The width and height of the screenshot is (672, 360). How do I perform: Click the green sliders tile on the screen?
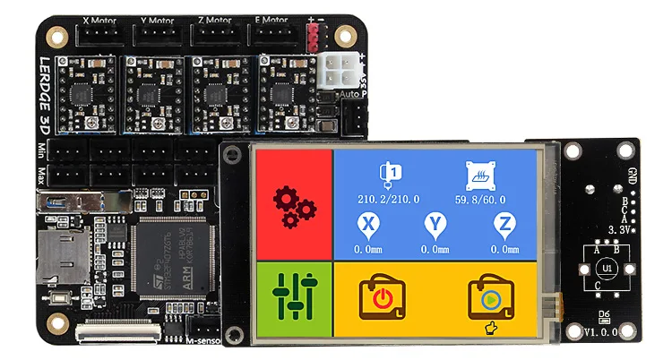294,297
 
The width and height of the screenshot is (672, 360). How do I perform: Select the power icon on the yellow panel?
382,296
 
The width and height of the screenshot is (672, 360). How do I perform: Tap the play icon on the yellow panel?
490,297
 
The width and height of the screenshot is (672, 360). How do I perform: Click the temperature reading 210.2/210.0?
388,199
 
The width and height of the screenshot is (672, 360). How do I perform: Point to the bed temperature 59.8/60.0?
480,199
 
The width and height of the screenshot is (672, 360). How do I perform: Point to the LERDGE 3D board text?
46,94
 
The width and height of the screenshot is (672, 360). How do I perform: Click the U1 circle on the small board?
607,267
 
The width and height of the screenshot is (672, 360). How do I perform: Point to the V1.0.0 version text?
603,332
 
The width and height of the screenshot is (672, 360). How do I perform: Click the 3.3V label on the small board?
618,229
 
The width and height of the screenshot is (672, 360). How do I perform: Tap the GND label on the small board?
633,175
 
